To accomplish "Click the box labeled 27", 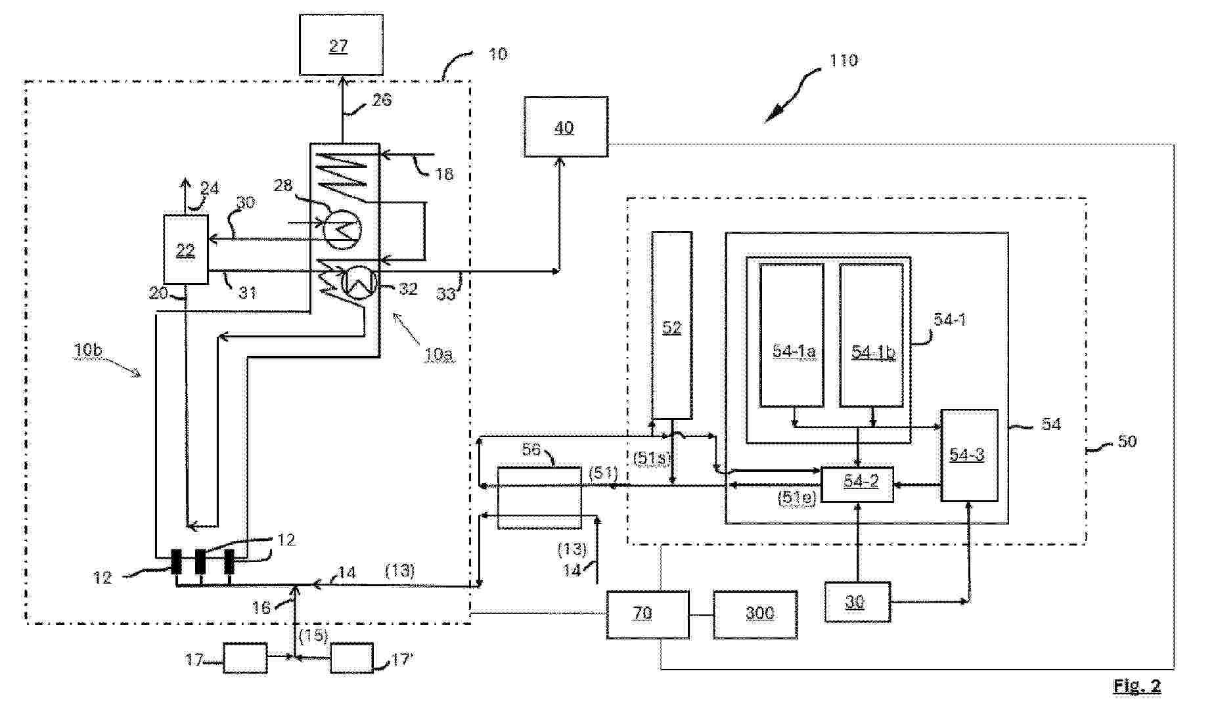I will point(341,45).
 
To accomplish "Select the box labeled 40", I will point(566,127).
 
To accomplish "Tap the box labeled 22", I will point(186,249).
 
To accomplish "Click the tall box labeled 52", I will point(671,326).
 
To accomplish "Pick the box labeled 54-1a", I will point(792,335).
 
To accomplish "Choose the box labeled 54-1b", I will point(872,335).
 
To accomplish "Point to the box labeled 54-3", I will point(969,455).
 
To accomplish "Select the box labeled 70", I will point(647,614).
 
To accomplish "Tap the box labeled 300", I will point(755,614).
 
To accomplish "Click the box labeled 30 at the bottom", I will point(857,601).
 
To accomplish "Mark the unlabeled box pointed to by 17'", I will point(351,658).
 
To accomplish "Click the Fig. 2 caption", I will point(1137,686).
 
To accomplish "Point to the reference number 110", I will point(844,61).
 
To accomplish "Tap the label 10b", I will point(88,350).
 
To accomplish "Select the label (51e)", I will point(796,497).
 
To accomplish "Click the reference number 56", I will point(531,450).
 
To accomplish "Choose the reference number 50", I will point(1127,442).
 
